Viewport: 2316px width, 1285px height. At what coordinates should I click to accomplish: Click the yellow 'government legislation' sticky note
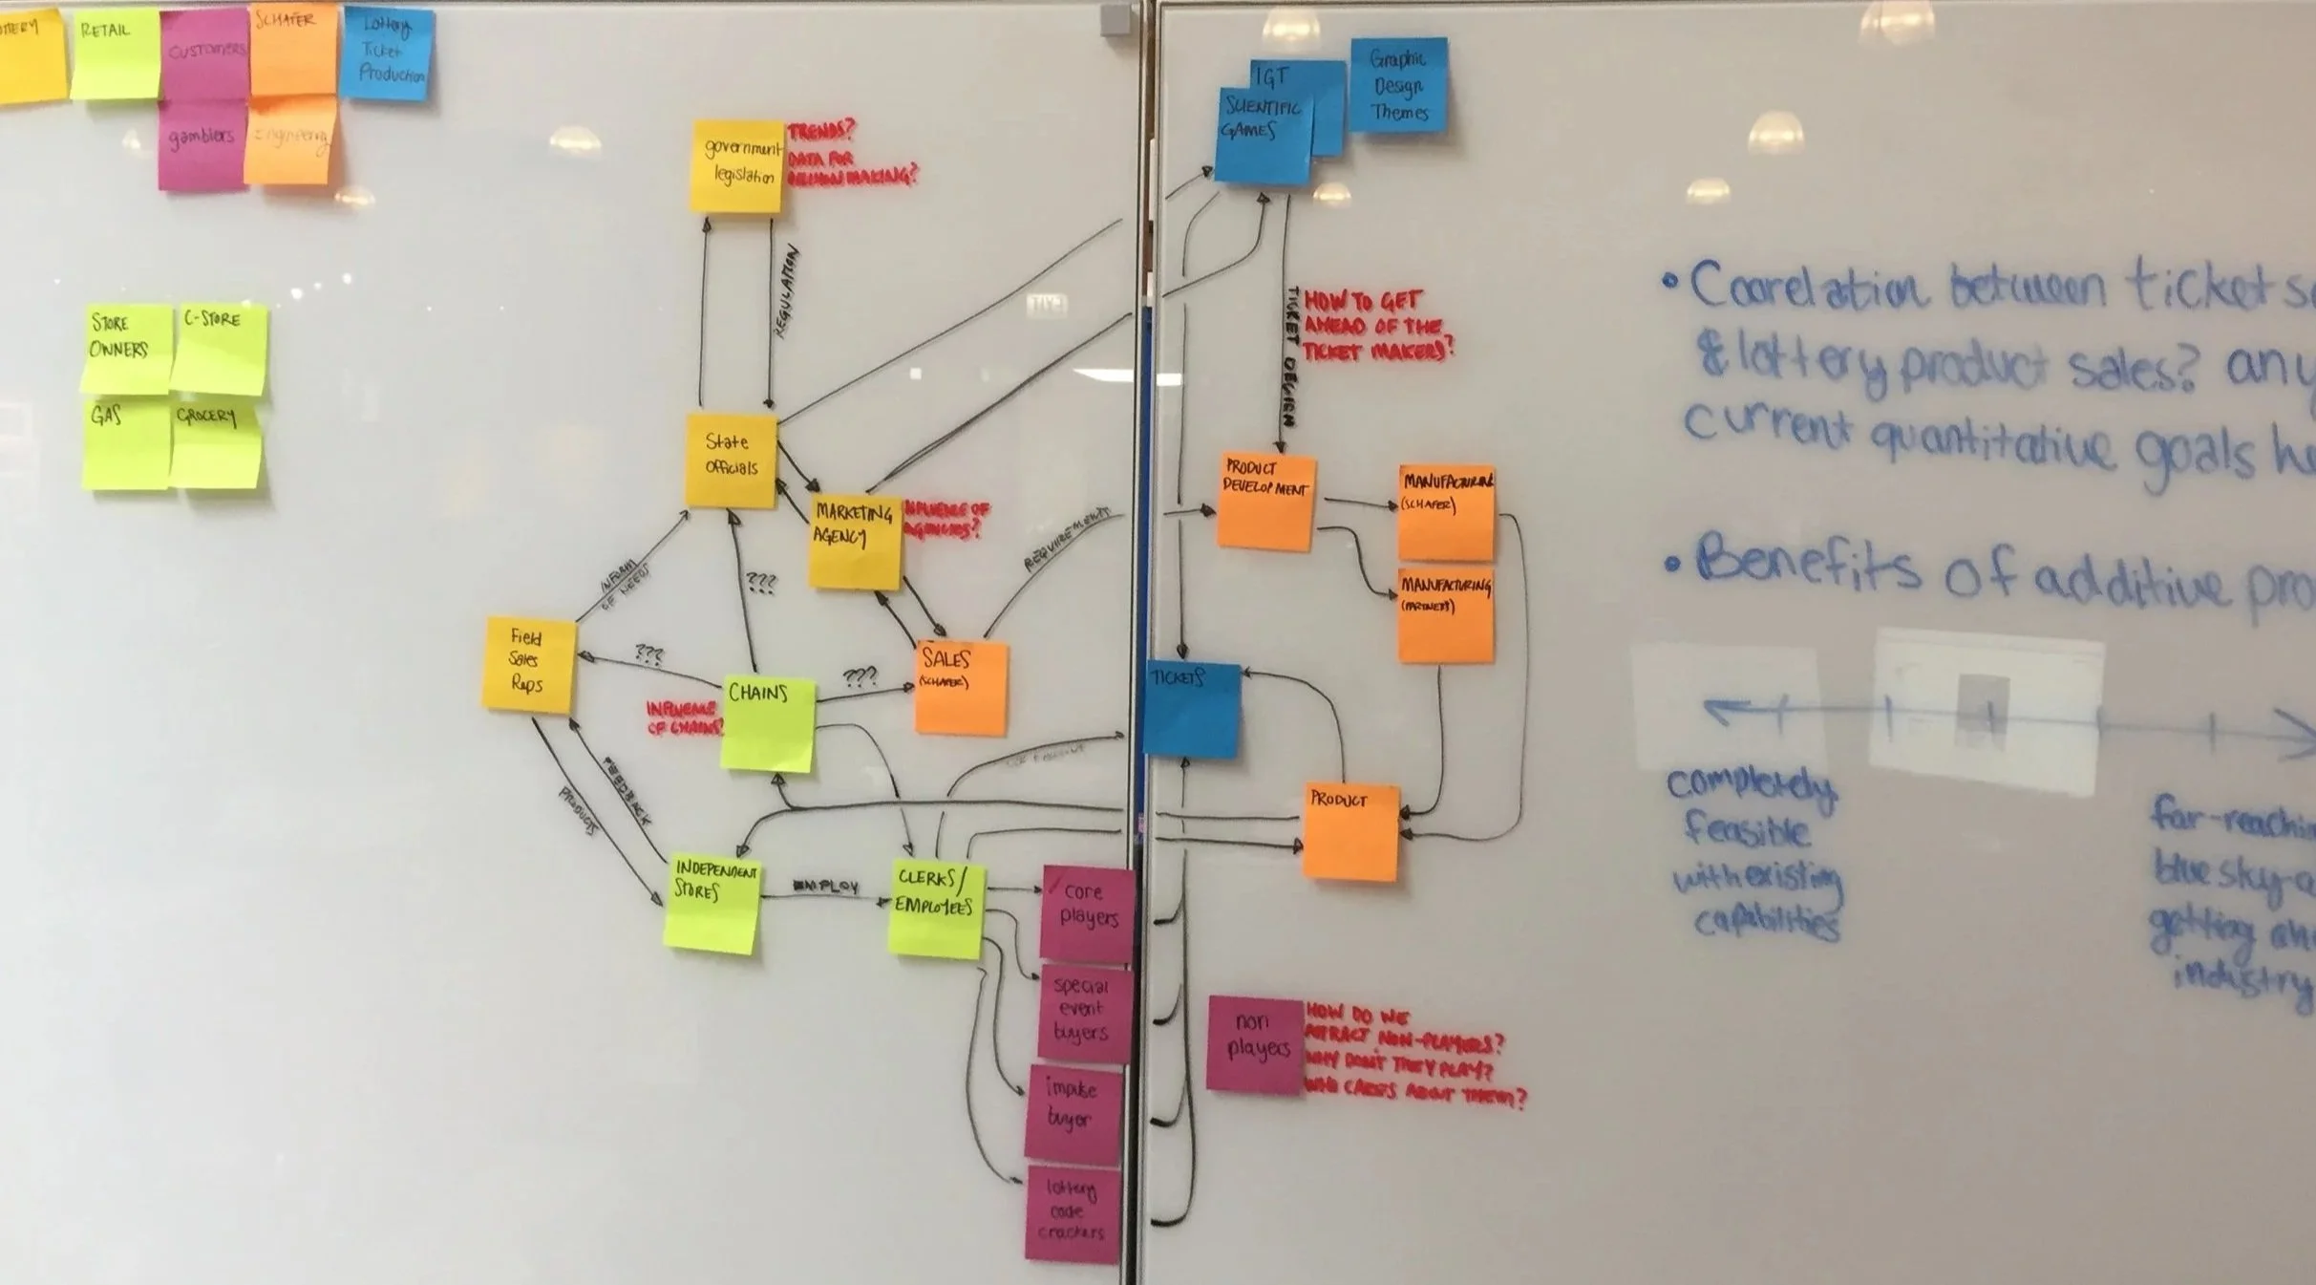pos(736,166)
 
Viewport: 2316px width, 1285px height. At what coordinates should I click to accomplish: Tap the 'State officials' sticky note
pos(731,460)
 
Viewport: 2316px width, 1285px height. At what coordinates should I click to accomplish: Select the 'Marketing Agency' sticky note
pos(855,540)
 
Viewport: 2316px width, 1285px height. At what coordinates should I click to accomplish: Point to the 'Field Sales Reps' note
pos(528,664)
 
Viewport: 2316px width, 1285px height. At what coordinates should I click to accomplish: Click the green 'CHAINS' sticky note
pos(768,722)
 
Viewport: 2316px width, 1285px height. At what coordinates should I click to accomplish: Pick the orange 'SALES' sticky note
pos(960,686)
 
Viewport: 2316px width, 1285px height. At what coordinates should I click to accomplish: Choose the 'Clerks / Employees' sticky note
pos(936,908)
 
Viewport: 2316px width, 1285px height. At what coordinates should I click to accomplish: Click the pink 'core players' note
pos(1087,912)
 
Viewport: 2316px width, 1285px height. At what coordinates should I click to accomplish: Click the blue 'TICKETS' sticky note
pos(1192,709)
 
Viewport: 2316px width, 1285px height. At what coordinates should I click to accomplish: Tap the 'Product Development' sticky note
pos(1265,501)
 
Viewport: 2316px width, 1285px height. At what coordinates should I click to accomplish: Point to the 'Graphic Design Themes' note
pos(1398,85)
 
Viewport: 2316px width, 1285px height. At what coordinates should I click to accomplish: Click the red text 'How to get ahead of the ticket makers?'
pos(1375,326)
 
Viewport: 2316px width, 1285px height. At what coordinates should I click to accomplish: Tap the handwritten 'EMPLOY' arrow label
pos(826,887)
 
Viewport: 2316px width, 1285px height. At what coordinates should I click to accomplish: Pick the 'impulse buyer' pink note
pos(1073,1113)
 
